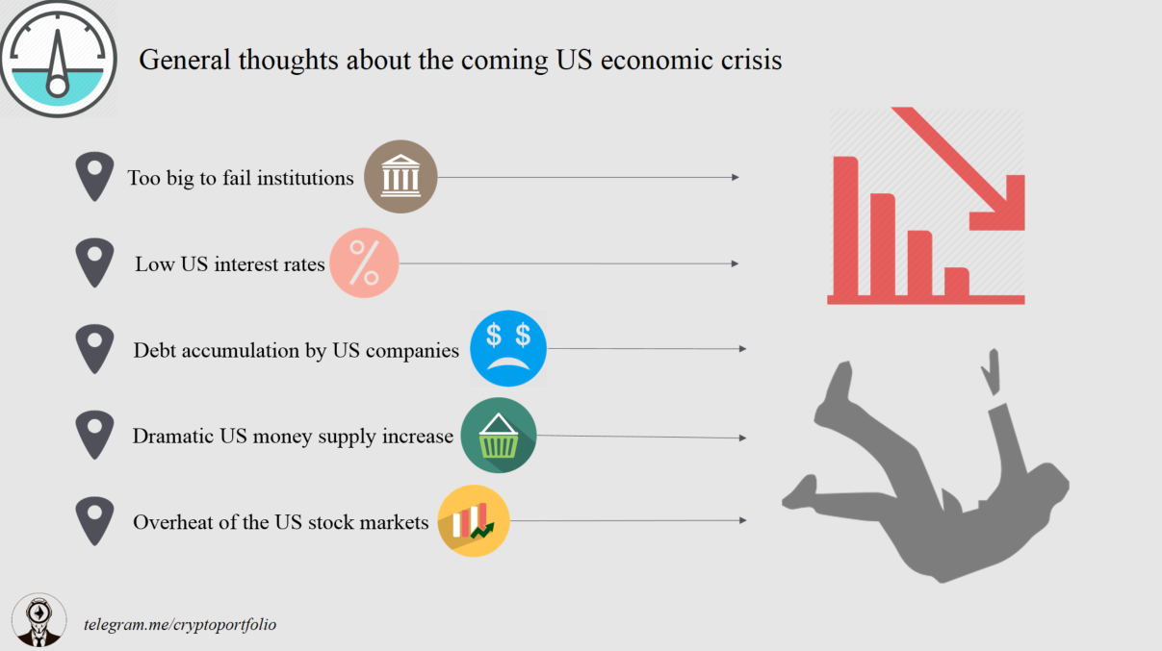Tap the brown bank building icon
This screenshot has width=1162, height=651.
(x=400, y=177)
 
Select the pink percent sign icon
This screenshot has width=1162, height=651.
(x=364, y=263)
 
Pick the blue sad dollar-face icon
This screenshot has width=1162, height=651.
(x=508, y=348)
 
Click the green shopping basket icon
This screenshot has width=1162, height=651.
(x=498, y=436)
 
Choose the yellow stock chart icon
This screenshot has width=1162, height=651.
(x=473, y=520)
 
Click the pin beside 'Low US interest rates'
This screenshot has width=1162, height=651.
(x=94, y=262)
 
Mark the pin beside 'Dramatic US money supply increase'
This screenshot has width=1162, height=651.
(x=94, y=434)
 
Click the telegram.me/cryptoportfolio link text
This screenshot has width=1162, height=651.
(x=180, y=624)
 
